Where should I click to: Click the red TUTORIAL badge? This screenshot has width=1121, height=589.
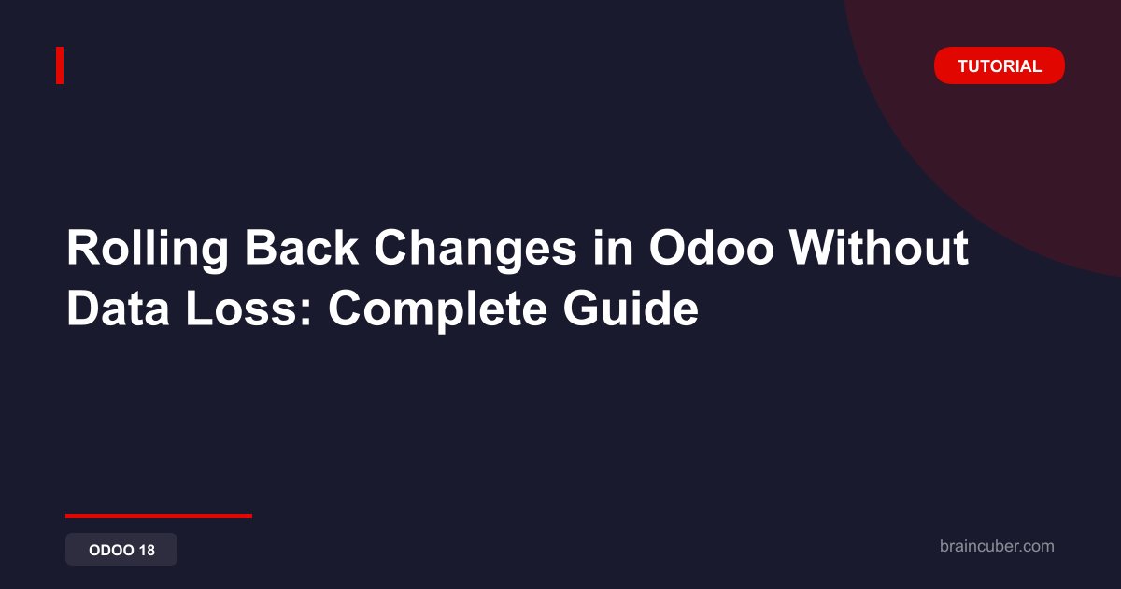[999, 65]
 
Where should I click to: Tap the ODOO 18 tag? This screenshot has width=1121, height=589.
[121, 550]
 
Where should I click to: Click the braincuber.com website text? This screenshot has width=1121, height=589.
[997, 546]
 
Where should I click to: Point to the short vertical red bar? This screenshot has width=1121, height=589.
[60, 65]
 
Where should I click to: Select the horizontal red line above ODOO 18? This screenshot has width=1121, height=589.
[159, 516]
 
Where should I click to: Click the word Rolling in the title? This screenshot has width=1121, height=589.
[148, 249]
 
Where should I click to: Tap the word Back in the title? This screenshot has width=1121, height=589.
[301, 247]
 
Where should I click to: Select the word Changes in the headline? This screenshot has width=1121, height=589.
[475, 249]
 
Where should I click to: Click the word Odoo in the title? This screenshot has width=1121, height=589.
[712, 247]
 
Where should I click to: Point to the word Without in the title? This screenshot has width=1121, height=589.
[879, 247]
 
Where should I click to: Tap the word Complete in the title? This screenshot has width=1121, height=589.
[437, 310]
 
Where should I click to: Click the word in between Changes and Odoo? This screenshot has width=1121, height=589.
[613, 247]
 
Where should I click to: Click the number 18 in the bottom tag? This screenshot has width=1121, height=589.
[148, 550]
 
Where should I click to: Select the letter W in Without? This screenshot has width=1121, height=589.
[814, 247]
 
